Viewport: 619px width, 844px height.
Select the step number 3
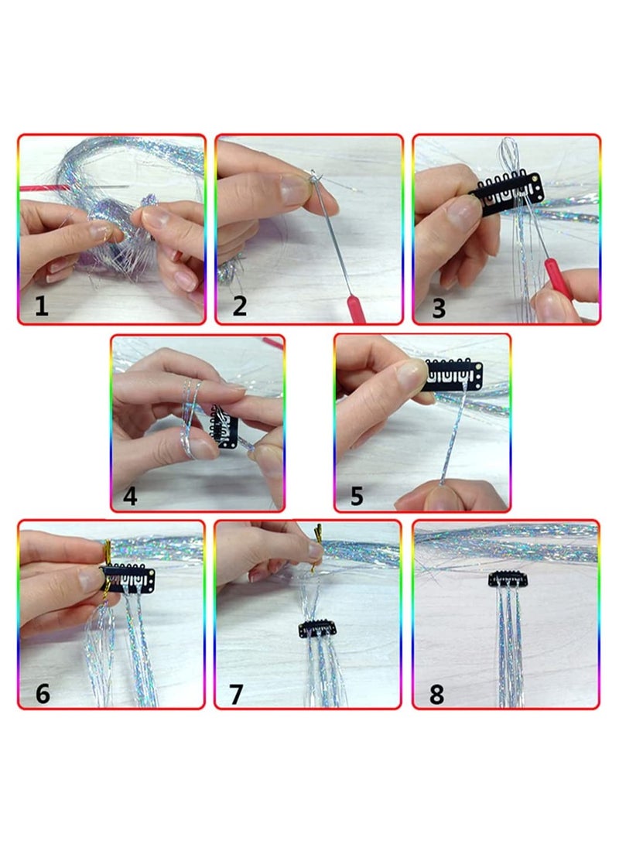tap(439, 308)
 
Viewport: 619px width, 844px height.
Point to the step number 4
tap(130, 496)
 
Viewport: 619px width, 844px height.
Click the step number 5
tap(357, 496)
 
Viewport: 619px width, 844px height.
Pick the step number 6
tap(43, 693)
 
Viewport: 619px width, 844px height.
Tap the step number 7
tap(236, 695)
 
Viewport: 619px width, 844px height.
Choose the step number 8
tap(436, 695)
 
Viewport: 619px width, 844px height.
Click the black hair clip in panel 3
tap(507, 193)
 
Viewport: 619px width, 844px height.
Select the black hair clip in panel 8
tap(508, 579)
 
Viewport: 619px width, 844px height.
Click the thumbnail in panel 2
tap(292, 189)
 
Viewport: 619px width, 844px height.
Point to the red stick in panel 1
tap(46, 187)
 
